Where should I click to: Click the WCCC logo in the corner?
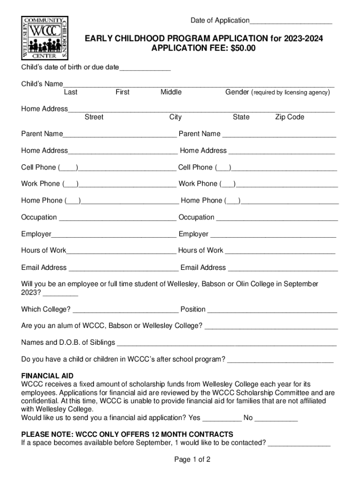45,37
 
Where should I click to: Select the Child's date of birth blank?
145,69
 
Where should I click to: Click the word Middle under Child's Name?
171,92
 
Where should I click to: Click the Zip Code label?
289,117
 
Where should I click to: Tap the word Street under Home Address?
94,117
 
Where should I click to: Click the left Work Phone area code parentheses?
71,184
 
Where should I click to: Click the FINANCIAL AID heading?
47,376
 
